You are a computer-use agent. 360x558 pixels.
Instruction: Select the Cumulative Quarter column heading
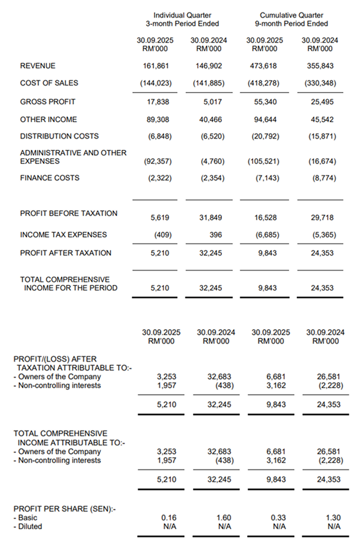pyautogui.click(x=291, y=15)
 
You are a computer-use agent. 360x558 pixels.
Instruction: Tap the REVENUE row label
pyautogui.click(x=38, y=66)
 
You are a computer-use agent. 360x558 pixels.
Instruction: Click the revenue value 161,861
pyautogui.click(x=159, y=66)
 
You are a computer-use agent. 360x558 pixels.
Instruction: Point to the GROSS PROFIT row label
pyautogui.click(x=48, y=101)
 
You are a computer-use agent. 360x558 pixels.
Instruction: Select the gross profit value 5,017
pyautogui.click(x=208, y=101)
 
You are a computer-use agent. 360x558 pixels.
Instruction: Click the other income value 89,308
pyautogui.click(x=159, y=119)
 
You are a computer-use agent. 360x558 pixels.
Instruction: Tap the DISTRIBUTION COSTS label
pyautogui.click(x=60, y=136)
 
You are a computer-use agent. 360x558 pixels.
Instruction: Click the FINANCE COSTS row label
pyautogui.click(x=50, y=178)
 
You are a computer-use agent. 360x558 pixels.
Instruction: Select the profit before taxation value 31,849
pyautogui.click(x=208, y=217)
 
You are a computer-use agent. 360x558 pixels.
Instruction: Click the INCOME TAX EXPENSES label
pyautogui.click(x=64, y=235)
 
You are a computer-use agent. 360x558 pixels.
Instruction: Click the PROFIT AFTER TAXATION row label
pyautogui.click(x=66, y=253)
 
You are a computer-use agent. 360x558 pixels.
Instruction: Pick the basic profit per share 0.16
pyautogui.click(x=169, y=518)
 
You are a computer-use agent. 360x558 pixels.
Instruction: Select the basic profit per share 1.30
pyautogui.click(x=333, y=518)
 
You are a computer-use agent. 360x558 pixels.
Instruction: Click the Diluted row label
pyautogui.click(x=30, y=526)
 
